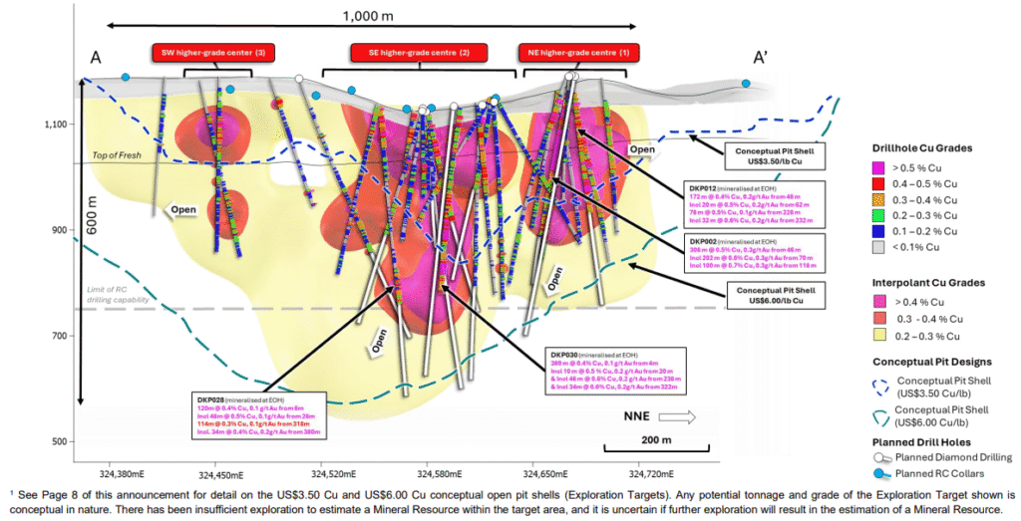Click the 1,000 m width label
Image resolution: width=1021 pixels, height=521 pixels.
click(367, 15)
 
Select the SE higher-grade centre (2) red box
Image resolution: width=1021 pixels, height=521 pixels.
click(420, 52)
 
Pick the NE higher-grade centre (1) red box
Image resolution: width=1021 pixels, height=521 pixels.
click(578, 52)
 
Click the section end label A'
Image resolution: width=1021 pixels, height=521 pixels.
click(760, 59)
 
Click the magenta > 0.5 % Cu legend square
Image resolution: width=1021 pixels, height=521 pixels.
click(879, 168)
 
